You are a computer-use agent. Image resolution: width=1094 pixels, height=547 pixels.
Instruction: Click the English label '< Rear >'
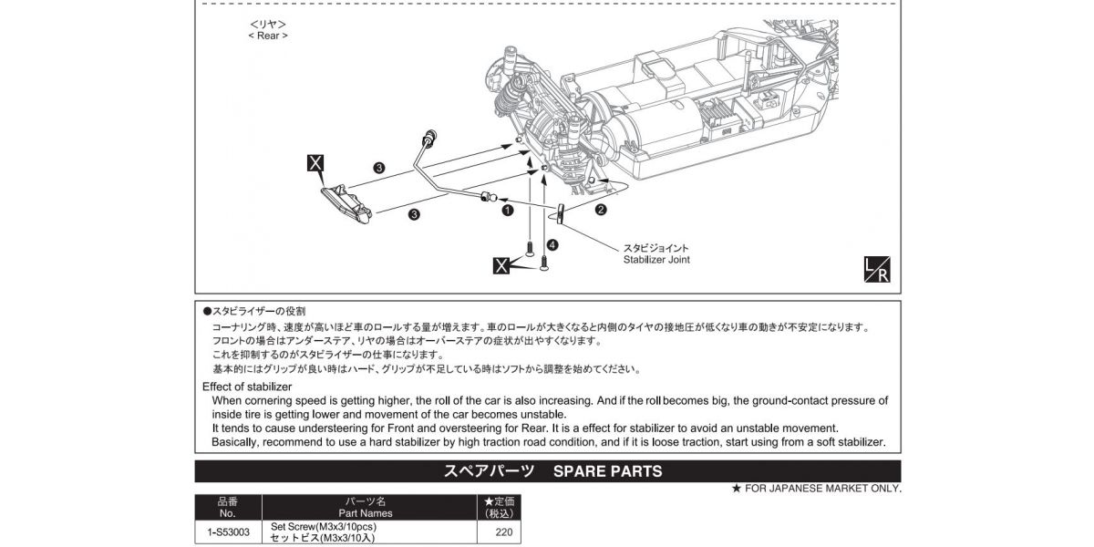coord(267,36)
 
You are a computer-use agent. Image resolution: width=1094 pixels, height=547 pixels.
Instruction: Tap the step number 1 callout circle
coord(507,210)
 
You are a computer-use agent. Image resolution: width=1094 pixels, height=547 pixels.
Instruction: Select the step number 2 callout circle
coord(601,210)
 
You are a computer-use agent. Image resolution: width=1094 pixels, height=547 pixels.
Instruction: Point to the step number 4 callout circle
coord(552,244)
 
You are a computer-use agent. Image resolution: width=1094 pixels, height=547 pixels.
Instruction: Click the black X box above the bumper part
coord(315,164)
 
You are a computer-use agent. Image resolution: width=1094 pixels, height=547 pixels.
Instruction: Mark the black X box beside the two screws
coord(501,266)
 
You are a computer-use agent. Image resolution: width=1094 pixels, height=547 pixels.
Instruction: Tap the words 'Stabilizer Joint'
coord(655,260)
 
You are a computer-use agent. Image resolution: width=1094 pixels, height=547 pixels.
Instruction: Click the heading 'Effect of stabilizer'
coord(247,387)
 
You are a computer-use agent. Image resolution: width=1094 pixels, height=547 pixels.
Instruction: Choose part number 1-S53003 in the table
coord(228,532)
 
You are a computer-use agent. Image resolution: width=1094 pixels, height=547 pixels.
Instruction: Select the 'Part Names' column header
coord(369,513)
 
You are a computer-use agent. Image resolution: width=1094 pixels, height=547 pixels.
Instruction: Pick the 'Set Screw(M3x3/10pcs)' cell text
coord(324,527)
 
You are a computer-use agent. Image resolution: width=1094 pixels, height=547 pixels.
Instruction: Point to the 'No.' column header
coord(228,513)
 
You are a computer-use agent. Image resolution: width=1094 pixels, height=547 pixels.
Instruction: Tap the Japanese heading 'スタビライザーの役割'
coord(259,312)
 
